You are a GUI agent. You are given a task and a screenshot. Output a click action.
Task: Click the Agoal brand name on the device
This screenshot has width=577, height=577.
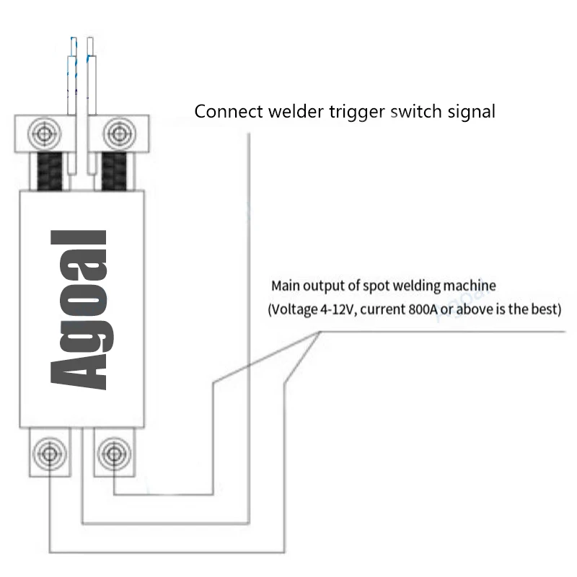pos(81,310)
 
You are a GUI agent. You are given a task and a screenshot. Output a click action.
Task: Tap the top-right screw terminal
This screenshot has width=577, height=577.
pos(117,133)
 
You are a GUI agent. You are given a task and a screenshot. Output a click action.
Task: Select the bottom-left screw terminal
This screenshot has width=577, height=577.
pos(49,454)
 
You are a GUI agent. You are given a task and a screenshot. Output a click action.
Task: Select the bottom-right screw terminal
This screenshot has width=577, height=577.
pos(112,454)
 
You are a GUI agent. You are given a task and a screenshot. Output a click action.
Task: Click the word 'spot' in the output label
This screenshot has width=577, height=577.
pos(376,286)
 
